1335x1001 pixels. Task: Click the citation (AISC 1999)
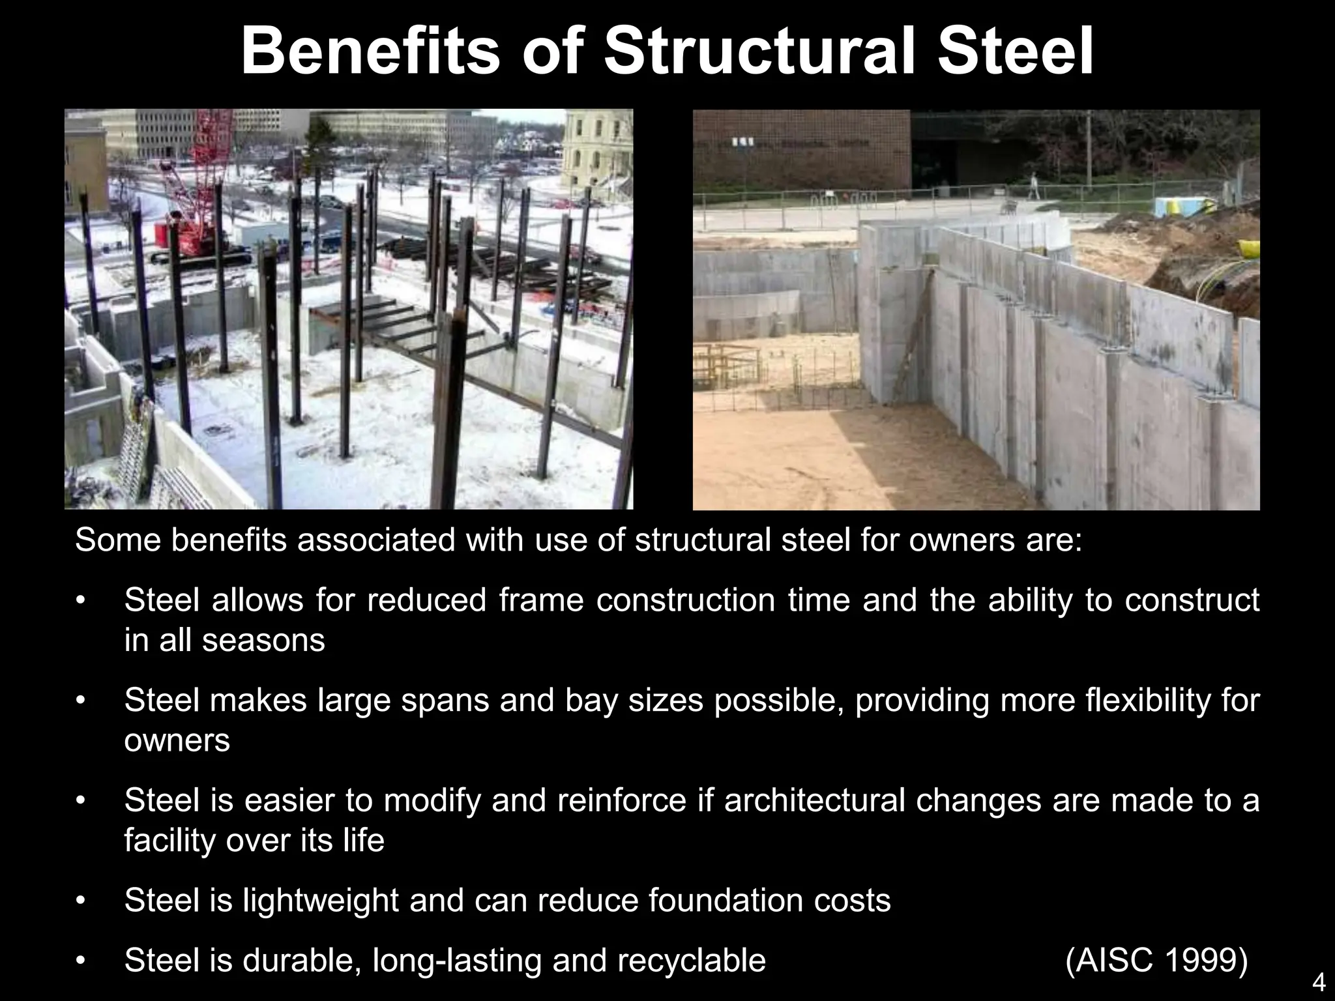[x=1156, y=960]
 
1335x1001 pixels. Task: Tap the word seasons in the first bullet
[x=263, y=640]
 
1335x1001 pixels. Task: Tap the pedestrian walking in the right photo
[x=1033, y=185]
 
